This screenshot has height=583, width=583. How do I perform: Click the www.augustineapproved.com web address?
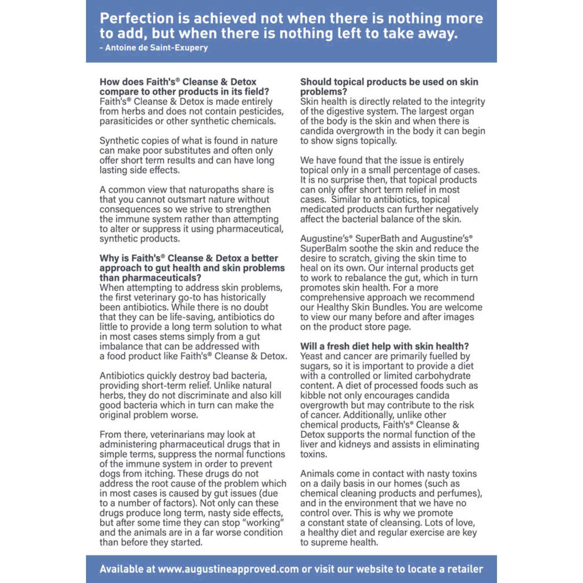(x=228, y=569)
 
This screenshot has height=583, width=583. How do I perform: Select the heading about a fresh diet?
(x=384, y=346)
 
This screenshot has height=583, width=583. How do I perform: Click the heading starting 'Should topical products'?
(x=389, y=86)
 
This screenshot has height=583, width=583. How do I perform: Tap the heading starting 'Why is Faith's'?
(x=192, y=268)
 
